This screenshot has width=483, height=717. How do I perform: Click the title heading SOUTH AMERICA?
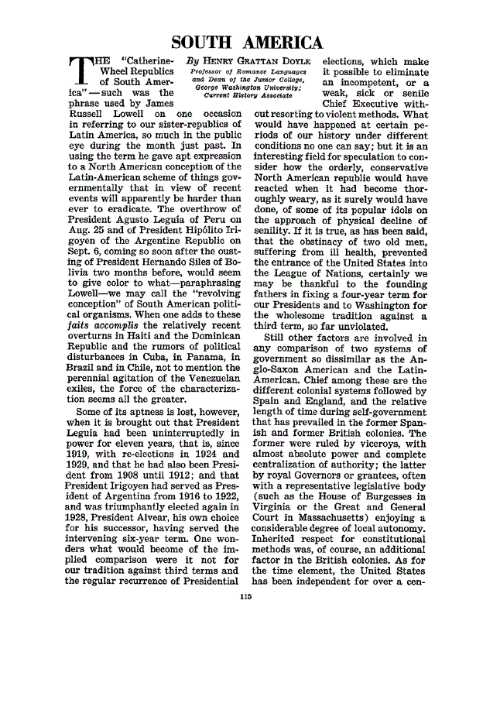pos(245,43)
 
